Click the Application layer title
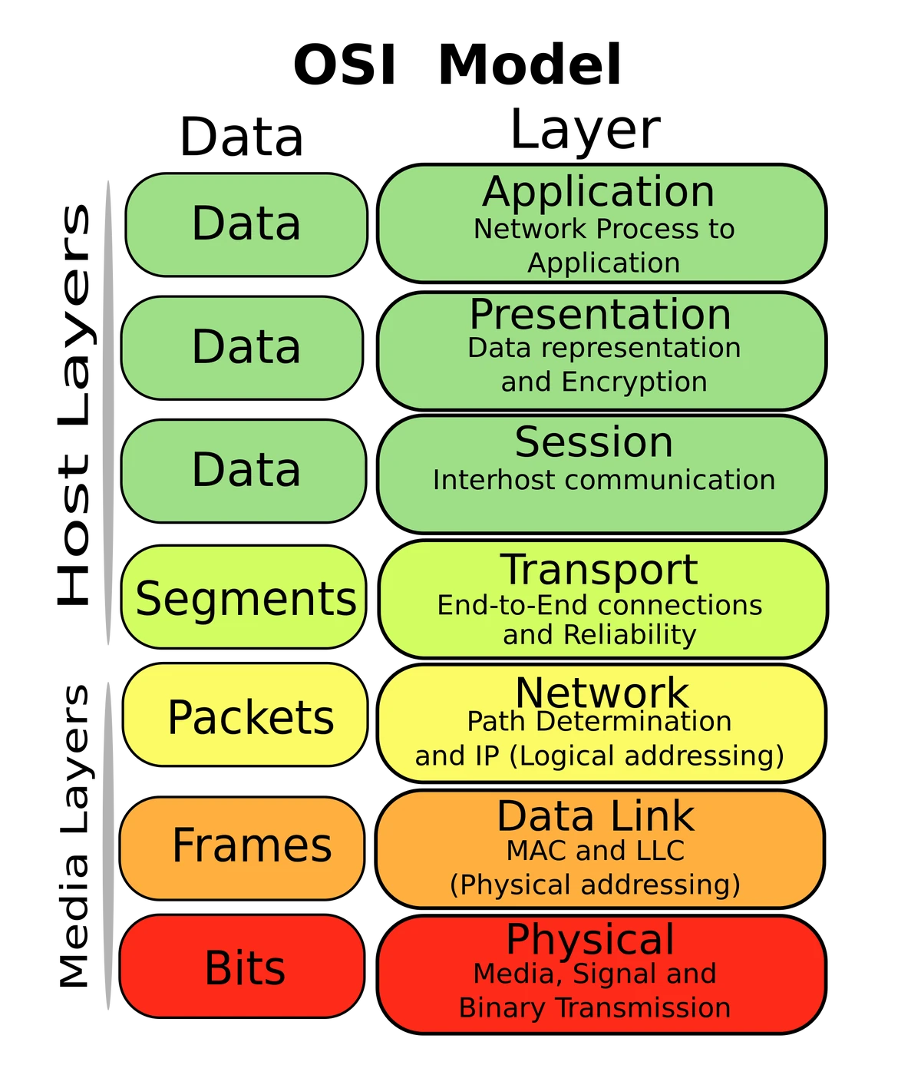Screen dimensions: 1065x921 pyautogui.click(x=599, y=192)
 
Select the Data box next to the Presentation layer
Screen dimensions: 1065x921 pyautogui.click(x=244, y=347)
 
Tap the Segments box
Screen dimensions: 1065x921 pyautogui.click(x=244, y=598)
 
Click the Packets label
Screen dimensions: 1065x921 pyautogui.click(x=250, y=717)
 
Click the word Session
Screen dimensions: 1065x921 pyautogui.click(x=594, y=442)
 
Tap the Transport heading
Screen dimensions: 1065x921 pyautogui.click(x=599, y=570)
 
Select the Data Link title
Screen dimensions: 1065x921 pyautogui.click(x=596, y=815)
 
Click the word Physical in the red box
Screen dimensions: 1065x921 pyautogui.click(x=590, y=939)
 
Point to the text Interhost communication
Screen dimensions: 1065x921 pyautogui.click(x=603, y=480)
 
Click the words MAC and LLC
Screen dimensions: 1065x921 pyautogui.click(x=596, y=851)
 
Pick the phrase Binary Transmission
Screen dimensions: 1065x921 pyautogui.click(x=595, y=1007)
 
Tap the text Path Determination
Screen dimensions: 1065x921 pyautogui.click(x=599, y=722)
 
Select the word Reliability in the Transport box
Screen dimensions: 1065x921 pyautogui.click(x=629, y=635)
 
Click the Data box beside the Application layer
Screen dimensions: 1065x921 pyautogui.click(x=246, y=224)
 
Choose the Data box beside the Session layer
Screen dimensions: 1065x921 pyautogui.click(x=244, y=470)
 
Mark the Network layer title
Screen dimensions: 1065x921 pyautogui.click(x=602, y=693)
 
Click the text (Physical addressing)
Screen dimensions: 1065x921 pyautogui.click(x=595, y=885)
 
